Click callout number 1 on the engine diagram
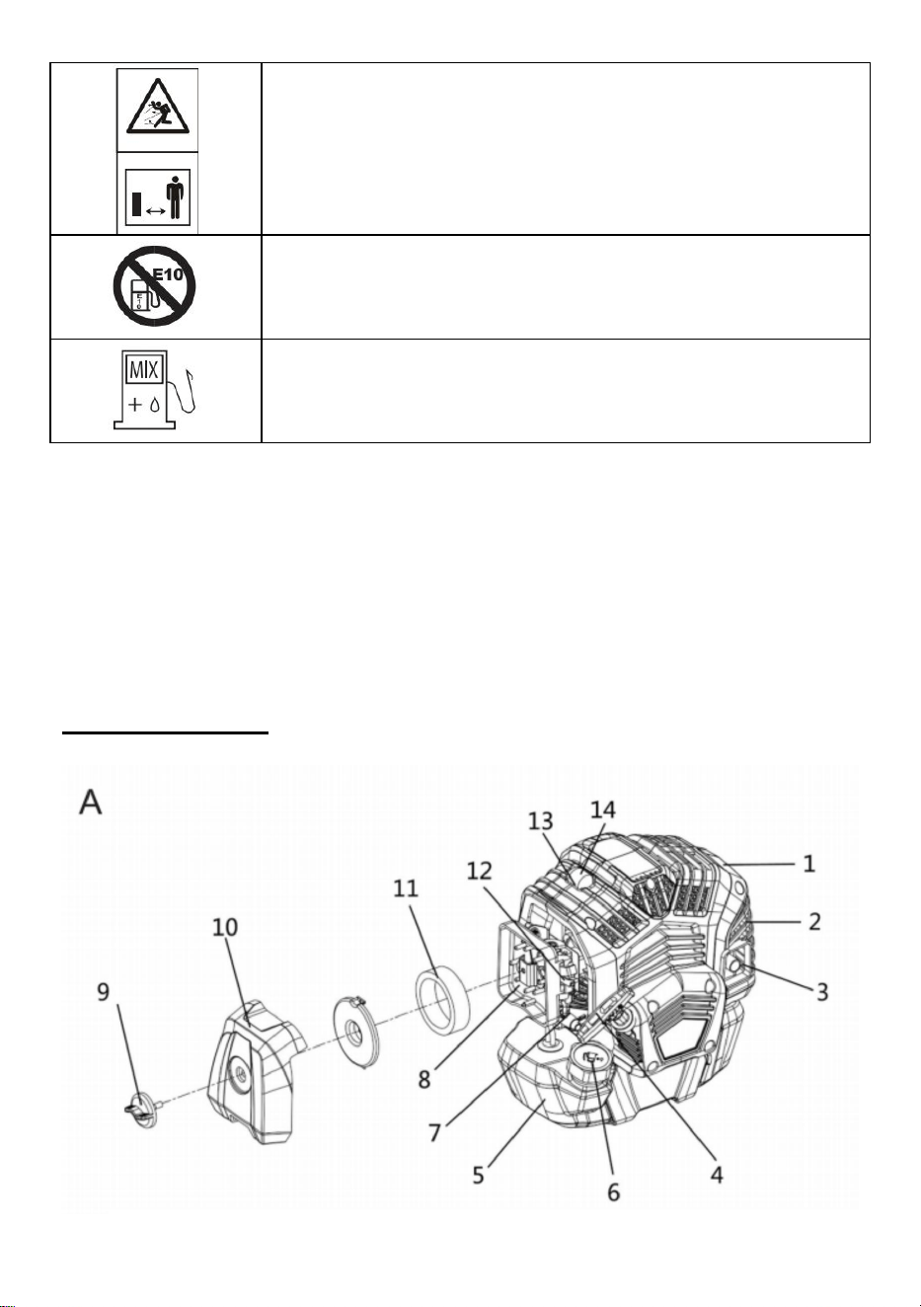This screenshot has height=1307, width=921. [808, 864]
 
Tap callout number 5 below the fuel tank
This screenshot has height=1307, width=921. [478, 1175]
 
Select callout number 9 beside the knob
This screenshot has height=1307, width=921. [104, 991]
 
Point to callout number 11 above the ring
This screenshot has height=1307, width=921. [406, 888]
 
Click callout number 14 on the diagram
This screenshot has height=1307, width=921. [603, 809]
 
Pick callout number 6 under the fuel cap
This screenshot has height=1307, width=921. [613, 1192]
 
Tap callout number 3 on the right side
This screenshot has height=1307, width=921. [821, 991]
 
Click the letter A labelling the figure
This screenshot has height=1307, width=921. [91, 802]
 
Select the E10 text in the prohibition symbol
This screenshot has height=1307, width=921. [169, 273]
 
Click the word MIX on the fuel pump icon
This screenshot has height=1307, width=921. [143, 370]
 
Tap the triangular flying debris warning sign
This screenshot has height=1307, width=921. [158, 108]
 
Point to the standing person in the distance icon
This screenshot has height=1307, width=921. [175, 198]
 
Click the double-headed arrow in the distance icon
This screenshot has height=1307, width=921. [155, 211]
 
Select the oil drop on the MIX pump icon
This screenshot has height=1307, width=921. [154, 405]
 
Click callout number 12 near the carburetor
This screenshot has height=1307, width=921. [479, 871]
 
